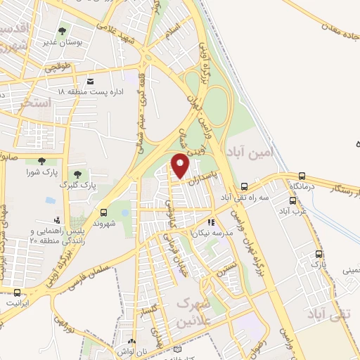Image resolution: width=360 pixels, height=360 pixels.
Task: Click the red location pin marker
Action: pyautogui.click(x=181, y=165)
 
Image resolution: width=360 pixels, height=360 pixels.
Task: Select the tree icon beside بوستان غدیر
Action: pyautogui.click(x=63, y=31)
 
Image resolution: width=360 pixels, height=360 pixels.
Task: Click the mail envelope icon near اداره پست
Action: pyautogui.click(x=91, y=80)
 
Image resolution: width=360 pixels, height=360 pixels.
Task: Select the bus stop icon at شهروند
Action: pyautogui.click(x=104, y=212)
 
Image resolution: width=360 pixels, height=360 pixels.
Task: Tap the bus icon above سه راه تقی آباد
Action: pyautogui.click(x=245, y=186)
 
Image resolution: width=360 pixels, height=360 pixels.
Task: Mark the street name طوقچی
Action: pyautogui.click(x=59, y=68)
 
